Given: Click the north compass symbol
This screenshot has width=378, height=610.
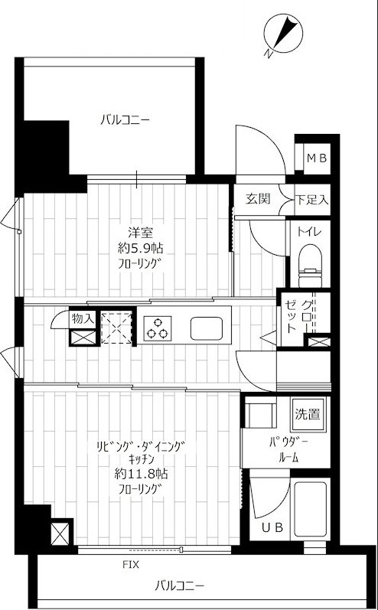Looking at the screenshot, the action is (x=282, y=34).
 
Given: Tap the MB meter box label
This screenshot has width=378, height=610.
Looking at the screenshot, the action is (x=318, y=158).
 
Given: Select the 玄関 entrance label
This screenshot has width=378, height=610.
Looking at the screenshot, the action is (x=257, y=199).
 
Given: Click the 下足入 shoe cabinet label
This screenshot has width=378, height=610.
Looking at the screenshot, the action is (x=312, y=201).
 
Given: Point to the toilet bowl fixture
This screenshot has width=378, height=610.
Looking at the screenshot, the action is (x=310, y=266).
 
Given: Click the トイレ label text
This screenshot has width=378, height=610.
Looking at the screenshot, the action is (x=310, y=232).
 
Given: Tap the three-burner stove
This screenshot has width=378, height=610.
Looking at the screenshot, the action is (x=157, y=328).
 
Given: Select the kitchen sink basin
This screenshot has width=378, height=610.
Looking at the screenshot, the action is (x=206, y=328).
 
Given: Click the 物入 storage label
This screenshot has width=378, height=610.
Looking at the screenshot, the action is (x=83, y=319).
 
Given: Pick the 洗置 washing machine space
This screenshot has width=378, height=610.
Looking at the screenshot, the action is (x=309, y=414).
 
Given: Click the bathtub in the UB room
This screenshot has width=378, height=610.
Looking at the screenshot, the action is (x=310, y=509).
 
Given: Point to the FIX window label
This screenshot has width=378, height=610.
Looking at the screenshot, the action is (x=131, y=565).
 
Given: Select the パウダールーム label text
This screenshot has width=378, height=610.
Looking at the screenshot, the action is (x=288, y=450).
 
